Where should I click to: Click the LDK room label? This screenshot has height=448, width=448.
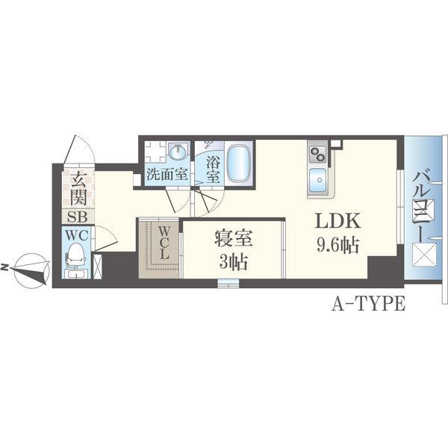(337, 220)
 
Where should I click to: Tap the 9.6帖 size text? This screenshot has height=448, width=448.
(337, 245)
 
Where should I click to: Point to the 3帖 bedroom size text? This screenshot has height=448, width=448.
(234, 262)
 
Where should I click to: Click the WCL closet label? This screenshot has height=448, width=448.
(164, 243)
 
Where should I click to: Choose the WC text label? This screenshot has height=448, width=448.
(77, 235)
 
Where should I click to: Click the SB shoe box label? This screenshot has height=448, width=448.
(77, 217)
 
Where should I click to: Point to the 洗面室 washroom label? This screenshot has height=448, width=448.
(167, 174)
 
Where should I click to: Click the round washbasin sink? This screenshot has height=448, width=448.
(178, 152)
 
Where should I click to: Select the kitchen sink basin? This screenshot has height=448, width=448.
(317, 180)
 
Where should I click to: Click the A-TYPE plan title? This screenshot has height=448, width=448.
(368, 303)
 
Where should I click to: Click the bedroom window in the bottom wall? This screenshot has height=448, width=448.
(228, 284)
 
